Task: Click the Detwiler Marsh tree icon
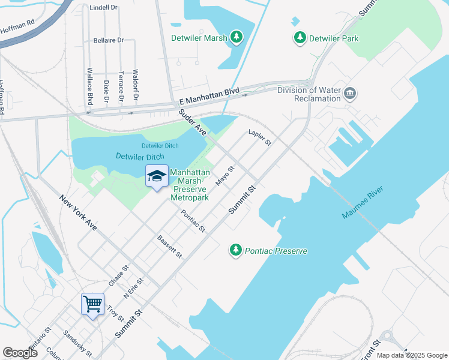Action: click(x=238, y=38)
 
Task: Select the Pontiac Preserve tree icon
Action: click(x=236, y=250)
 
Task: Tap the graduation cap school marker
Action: click(x=157, y=175)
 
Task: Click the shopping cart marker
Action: click(x=93, y=304)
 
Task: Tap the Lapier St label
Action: click(x=261, y=137)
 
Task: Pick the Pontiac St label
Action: click(x=193, y=221)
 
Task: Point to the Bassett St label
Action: click(x=169, y=247)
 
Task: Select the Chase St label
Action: click(x=118, y=275)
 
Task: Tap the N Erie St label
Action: click(x=133, y=289)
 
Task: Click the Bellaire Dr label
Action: click(x=108, y=40)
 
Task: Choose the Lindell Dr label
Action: click(x=103, y=8)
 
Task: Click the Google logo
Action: click(x=20, y=353)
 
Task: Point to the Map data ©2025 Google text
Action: click(x=412, y=355)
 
